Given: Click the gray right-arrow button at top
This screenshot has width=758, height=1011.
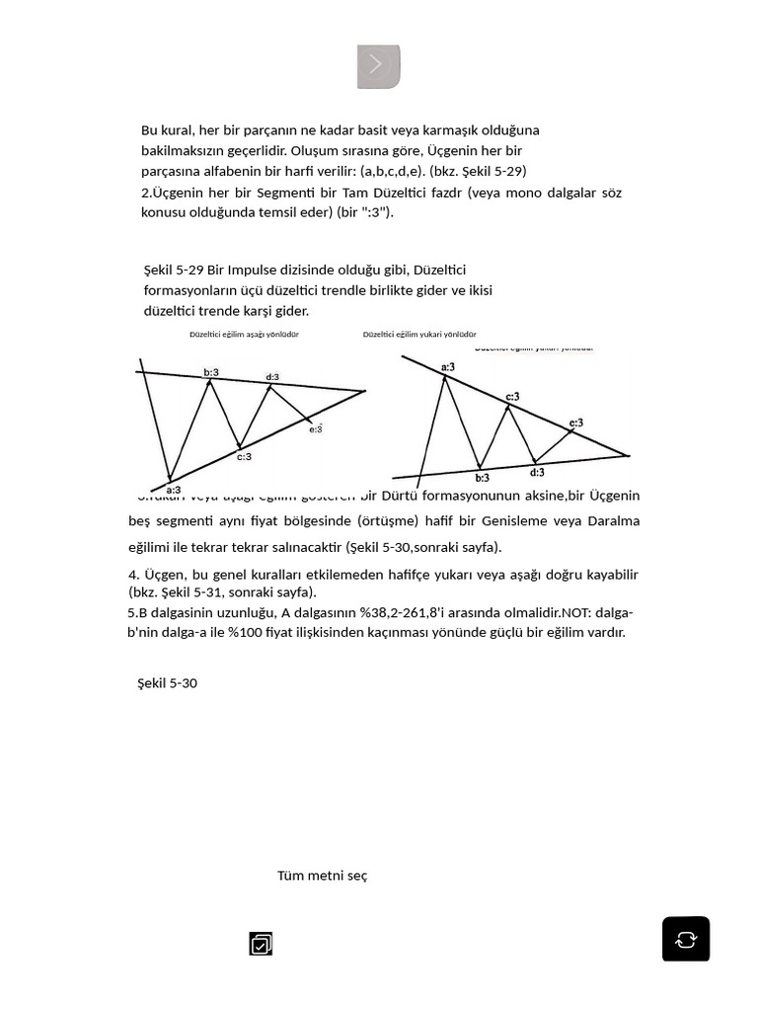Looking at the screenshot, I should tap(378, 66).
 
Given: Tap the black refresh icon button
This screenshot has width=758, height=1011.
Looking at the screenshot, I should tap(685, 938).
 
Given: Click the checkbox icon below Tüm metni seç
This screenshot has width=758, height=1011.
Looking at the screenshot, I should tap(261, 944).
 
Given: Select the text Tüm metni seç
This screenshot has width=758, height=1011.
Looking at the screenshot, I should tap(322, 876).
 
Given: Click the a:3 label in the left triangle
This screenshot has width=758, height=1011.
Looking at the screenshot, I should tap(173, 490).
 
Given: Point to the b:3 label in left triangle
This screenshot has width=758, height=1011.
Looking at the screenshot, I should tap(211, 372).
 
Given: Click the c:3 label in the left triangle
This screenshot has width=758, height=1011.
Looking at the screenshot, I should tap(244, 456).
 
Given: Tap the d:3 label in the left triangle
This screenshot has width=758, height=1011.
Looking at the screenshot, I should tap(272, 377).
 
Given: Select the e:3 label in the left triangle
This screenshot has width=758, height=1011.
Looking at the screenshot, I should tap(316, 428).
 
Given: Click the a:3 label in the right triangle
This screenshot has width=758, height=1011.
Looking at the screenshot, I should tap(448, 367).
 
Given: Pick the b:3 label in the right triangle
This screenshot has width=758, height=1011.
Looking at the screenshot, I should tap(482, 478).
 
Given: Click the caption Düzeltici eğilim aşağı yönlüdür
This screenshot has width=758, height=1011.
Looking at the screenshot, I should tap(244, 335).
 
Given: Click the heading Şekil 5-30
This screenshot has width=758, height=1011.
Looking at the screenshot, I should tap(167, 683).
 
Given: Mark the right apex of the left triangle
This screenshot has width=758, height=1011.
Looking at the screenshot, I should tap(364, 391).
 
